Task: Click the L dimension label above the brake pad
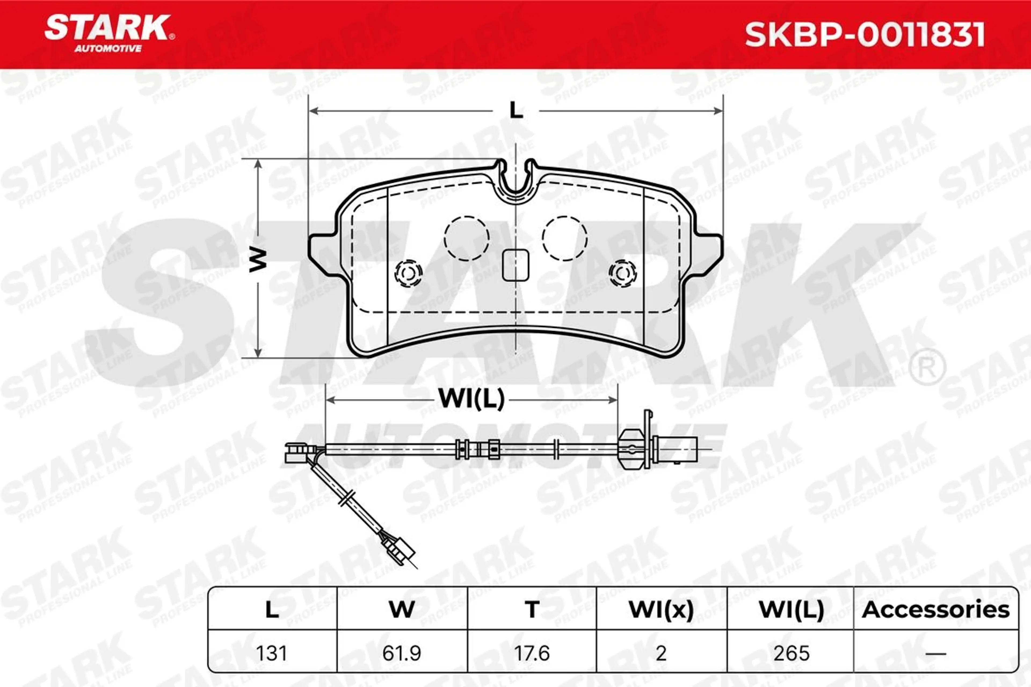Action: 516,110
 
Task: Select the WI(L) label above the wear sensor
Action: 472,399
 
